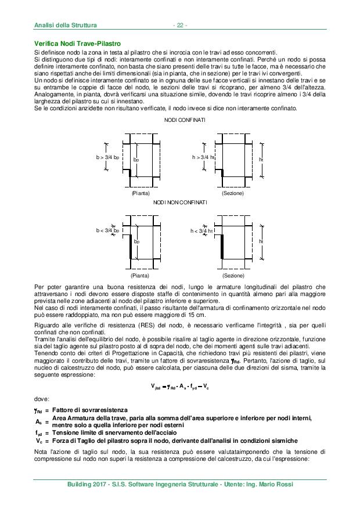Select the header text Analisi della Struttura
coord(64,25)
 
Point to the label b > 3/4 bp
coord(107,157)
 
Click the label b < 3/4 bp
coord(107,230)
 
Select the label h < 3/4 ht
coord(203,230)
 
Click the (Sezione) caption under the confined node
coord(233,192)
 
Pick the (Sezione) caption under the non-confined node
coord(233,275)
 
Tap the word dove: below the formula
coord(42,399)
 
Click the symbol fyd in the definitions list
coord(39,432)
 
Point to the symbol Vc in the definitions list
coord(38,440)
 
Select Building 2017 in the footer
coord(88,485)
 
